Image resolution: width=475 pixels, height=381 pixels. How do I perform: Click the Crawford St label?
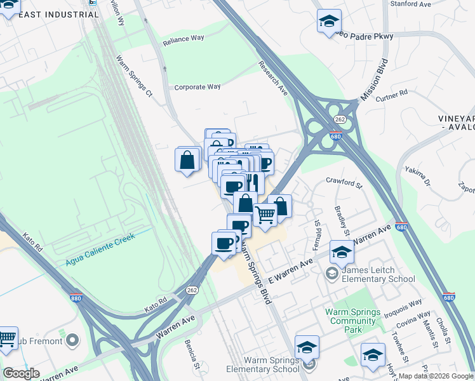(x=344, y=183)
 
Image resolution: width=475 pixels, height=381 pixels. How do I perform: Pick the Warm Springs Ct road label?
(x=134, y=76)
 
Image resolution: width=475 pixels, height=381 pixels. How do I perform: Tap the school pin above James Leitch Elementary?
(x=342, y=253)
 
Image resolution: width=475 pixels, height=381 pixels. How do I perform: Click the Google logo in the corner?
(x=21, y=373)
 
